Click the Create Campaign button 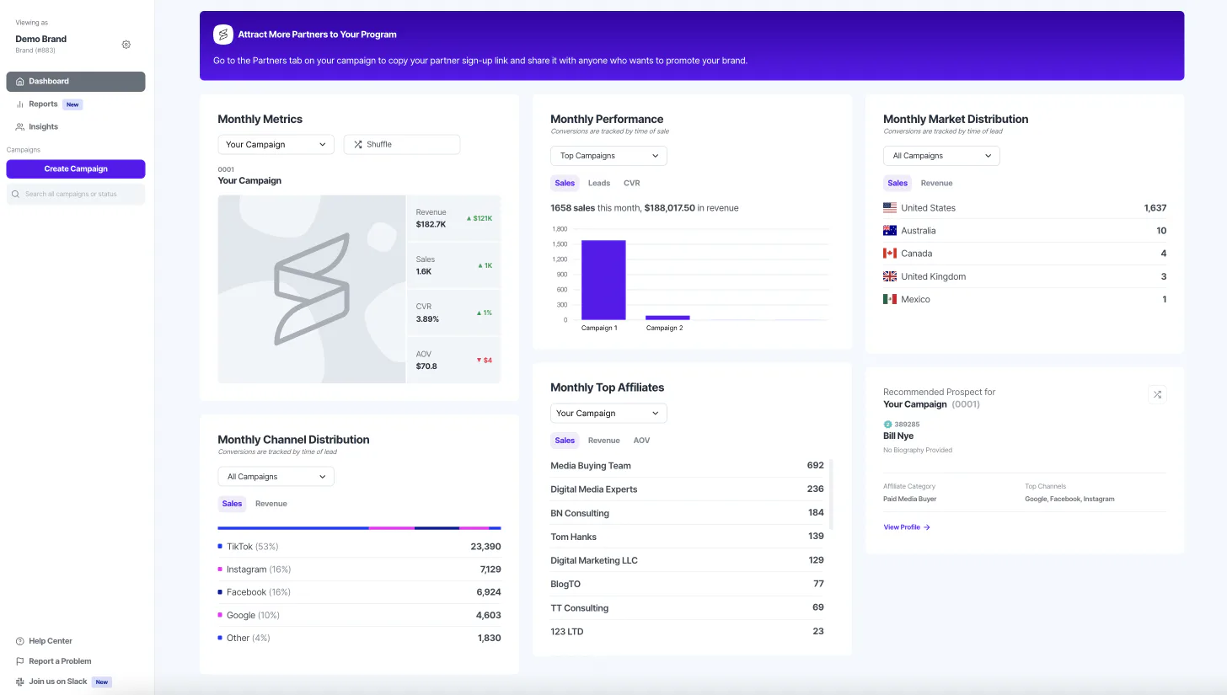click(x=76, y=169)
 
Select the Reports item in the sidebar click(x=43, y=104)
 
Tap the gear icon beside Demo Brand click(x=126, y=45)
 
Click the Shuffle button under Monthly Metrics click(x=401, y=145)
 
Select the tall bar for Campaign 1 click(x=603, y=280)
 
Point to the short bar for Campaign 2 click(x=667, y=318)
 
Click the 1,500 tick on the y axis click(x=559, y=244)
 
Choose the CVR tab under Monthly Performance click(x=631, y=184)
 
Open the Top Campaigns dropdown click(x=608, y=156)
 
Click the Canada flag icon click(x=890, y=254)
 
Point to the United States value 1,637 click(x=1155, y=208)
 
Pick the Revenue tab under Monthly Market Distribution click(x=936, y=184)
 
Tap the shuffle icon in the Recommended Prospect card click(x=1157, y=394)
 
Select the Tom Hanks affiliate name click(x=573, y=537)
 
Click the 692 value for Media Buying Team click(x=815, y=466)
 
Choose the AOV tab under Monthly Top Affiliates click(x=641, y=441)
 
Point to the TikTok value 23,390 click(x=485, y=547)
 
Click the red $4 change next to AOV click(x=485, y=361)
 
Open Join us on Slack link click(x=57, y=682)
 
